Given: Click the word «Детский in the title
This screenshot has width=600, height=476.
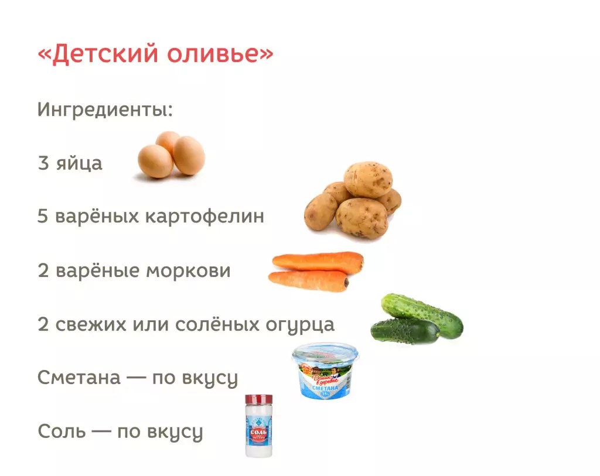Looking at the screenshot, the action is click(98, 53).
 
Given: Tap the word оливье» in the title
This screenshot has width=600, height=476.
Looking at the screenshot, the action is click(220, 53).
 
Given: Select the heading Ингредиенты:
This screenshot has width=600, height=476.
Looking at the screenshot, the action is click(105, 109).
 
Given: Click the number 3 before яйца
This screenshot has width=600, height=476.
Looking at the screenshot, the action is click(43, 163).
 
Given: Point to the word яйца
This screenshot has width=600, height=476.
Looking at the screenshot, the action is click(79, 164).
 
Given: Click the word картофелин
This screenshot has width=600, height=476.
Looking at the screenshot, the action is click(204, 216).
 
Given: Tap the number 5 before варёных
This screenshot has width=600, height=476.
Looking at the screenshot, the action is click(43, 216).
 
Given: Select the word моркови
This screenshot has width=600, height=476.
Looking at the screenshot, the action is click(189, 270).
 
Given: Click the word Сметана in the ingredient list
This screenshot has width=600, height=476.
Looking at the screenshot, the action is click(79, 378).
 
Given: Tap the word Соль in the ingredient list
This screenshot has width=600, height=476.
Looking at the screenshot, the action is click(62, 432).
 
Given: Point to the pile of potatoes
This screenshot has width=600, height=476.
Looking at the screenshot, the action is click(353, 200).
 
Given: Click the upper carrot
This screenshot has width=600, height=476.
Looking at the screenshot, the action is click(318, 262).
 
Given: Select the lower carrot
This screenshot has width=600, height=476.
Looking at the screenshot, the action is click(308, 280).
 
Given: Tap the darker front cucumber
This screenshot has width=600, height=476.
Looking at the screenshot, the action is click(405, 331).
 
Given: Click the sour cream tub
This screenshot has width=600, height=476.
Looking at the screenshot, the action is click(326, 371).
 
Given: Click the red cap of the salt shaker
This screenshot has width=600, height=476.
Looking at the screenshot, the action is click(258, 399).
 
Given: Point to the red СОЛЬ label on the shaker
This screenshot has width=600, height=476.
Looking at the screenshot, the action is click(259, 433).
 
